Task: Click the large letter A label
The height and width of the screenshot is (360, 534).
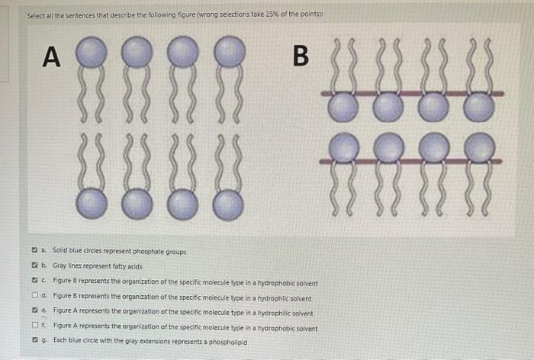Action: coord(51,57)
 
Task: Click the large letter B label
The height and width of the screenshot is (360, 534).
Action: coord(301,56)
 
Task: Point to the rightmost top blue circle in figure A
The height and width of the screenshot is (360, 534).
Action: coord(229,53)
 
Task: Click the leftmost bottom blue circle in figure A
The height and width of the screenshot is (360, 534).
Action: coord(92,203)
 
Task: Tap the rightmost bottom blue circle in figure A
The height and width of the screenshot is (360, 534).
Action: coord(229,204)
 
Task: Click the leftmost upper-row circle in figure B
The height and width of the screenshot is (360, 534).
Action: coord(342,107)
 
